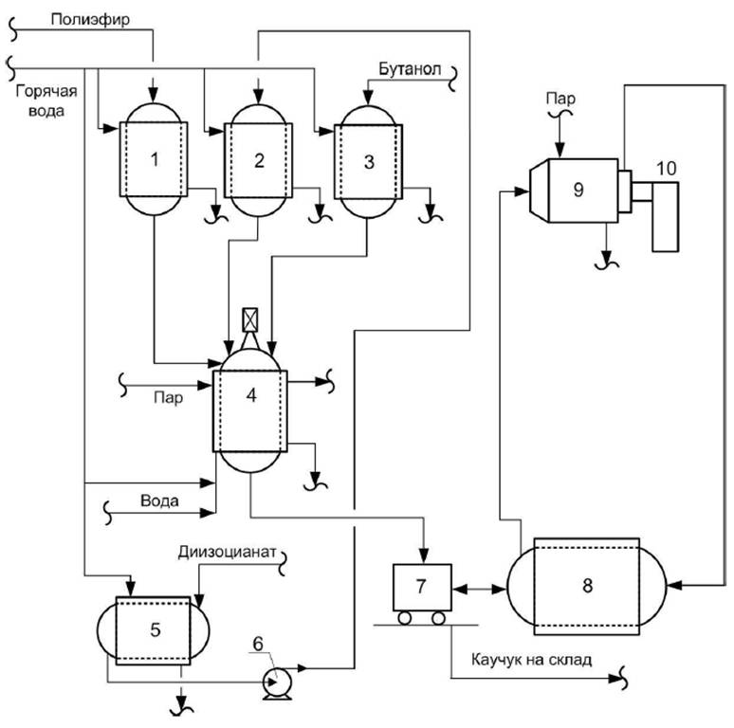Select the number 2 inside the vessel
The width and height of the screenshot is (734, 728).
click(258, 159)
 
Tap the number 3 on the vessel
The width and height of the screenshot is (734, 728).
click(368, 159)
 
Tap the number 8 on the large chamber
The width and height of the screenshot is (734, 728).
click(587, 586)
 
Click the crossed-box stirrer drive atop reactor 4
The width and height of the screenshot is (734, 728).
click(250, 318)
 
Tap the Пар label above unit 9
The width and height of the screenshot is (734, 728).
click(559, 98)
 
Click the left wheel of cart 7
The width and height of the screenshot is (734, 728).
click(404, 618)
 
